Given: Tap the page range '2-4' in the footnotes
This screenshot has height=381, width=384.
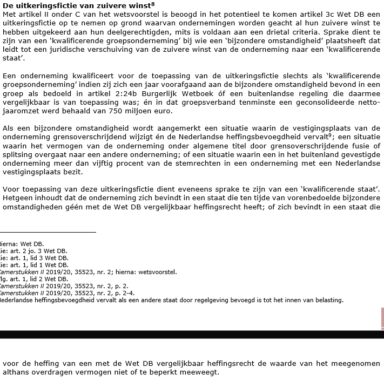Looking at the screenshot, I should tap(128, 293).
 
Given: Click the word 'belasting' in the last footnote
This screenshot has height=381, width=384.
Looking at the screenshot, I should tap(329, 300).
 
